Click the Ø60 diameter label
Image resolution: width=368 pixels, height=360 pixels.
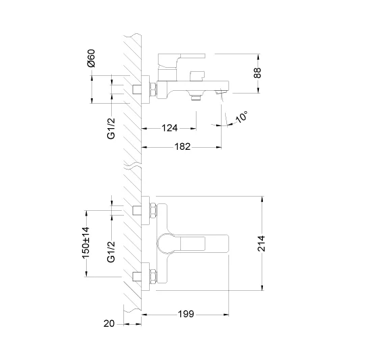[x=91, y=58]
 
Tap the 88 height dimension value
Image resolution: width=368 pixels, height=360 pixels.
[x=258, y=73]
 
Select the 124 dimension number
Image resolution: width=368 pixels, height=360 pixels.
[x=169, y=128]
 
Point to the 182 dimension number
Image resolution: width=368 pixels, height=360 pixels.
[x=182, y=146]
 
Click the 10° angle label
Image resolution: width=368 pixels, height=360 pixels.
[x=241, y=117]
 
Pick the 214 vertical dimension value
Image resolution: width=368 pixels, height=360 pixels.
[x=262, y=243]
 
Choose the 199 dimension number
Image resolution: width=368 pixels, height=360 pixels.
[x=186, y=314]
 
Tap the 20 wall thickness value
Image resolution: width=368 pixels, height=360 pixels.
[x=109, y=323]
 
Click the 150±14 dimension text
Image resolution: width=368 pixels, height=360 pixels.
[x=85, y=242]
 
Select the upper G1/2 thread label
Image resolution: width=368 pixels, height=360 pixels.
[x=111, y=128]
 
